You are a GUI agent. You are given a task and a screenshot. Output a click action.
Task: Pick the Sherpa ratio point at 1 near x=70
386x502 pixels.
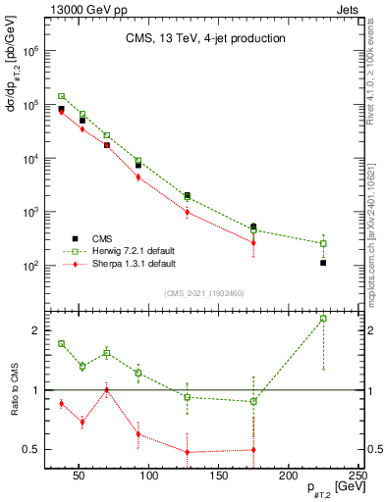[107, 390]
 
